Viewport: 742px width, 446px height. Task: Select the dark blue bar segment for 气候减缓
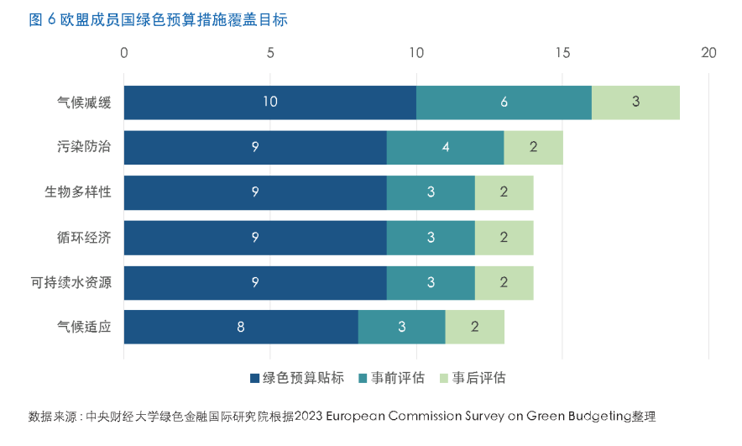click(269, 102)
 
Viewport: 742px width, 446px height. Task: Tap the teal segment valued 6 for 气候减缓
click(504, 102)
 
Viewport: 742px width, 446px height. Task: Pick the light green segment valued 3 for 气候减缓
click(635, 102)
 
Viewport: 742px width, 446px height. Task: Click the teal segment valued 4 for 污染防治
click(445, 148)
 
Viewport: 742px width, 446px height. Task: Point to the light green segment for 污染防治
click(533, 148)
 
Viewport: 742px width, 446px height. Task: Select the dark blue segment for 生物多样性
click(255, 192)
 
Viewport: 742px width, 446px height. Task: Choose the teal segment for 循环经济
click(431, 238)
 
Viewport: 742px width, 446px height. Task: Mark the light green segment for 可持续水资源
click(504, 283)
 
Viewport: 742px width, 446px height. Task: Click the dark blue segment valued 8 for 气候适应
click(241, 328)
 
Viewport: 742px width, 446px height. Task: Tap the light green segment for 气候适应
click(474, 328)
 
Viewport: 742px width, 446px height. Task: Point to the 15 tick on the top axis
click(562, 53)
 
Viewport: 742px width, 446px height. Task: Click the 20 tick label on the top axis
click(708, 53)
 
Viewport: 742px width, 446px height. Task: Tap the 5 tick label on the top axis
click(270, 53)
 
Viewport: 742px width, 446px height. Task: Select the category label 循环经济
click(83, 238)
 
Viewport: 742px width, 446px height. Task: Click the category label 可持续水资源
click(71, 283)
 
